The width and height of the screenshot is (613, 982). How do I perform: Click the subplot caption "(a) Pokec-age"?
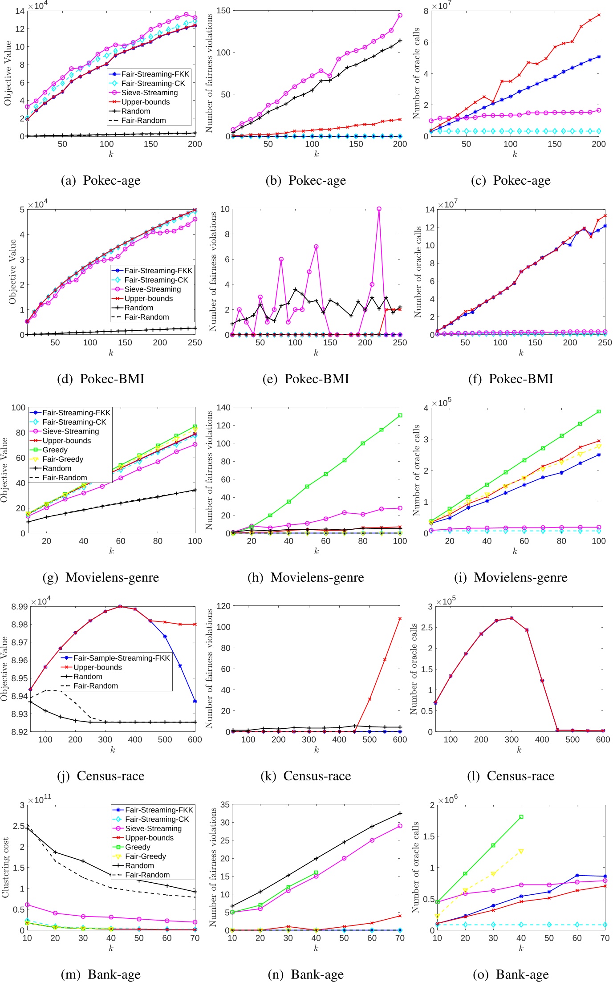coord(101,180)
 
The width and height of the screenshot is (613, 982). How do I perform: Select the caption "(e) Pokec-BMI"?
coord(306,379)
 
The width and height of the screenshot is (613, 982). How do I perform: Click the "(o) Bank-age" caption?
coord(511,974)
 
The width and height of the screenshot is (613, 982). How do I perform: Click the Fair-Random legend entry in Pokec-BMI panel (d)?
coord(146,317)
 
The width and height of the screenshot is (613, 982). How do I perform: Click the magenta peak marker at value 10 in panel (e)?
coord(379,209)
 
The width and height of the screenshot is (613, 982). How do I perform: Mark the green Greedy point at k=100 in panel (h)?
coord(400,415)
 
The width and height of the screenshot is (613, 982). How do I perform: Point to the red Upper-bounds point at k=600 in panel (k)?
coord(400,618)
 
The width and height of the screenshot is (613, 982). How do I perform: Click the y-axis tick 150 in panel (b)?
coord(224,11)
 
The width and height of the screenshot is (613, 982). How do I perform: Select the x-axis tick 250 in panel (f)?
coord(605,342)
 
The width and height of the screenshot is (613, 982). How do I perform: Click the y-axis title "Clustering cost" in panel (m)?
coord(6,868)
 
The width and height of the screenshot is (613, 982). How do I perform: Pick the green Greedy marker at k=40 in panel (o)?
coord(521,817)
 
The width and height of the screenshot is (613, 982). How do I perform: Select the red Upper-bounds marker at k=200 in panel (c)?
coord(599,15)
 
